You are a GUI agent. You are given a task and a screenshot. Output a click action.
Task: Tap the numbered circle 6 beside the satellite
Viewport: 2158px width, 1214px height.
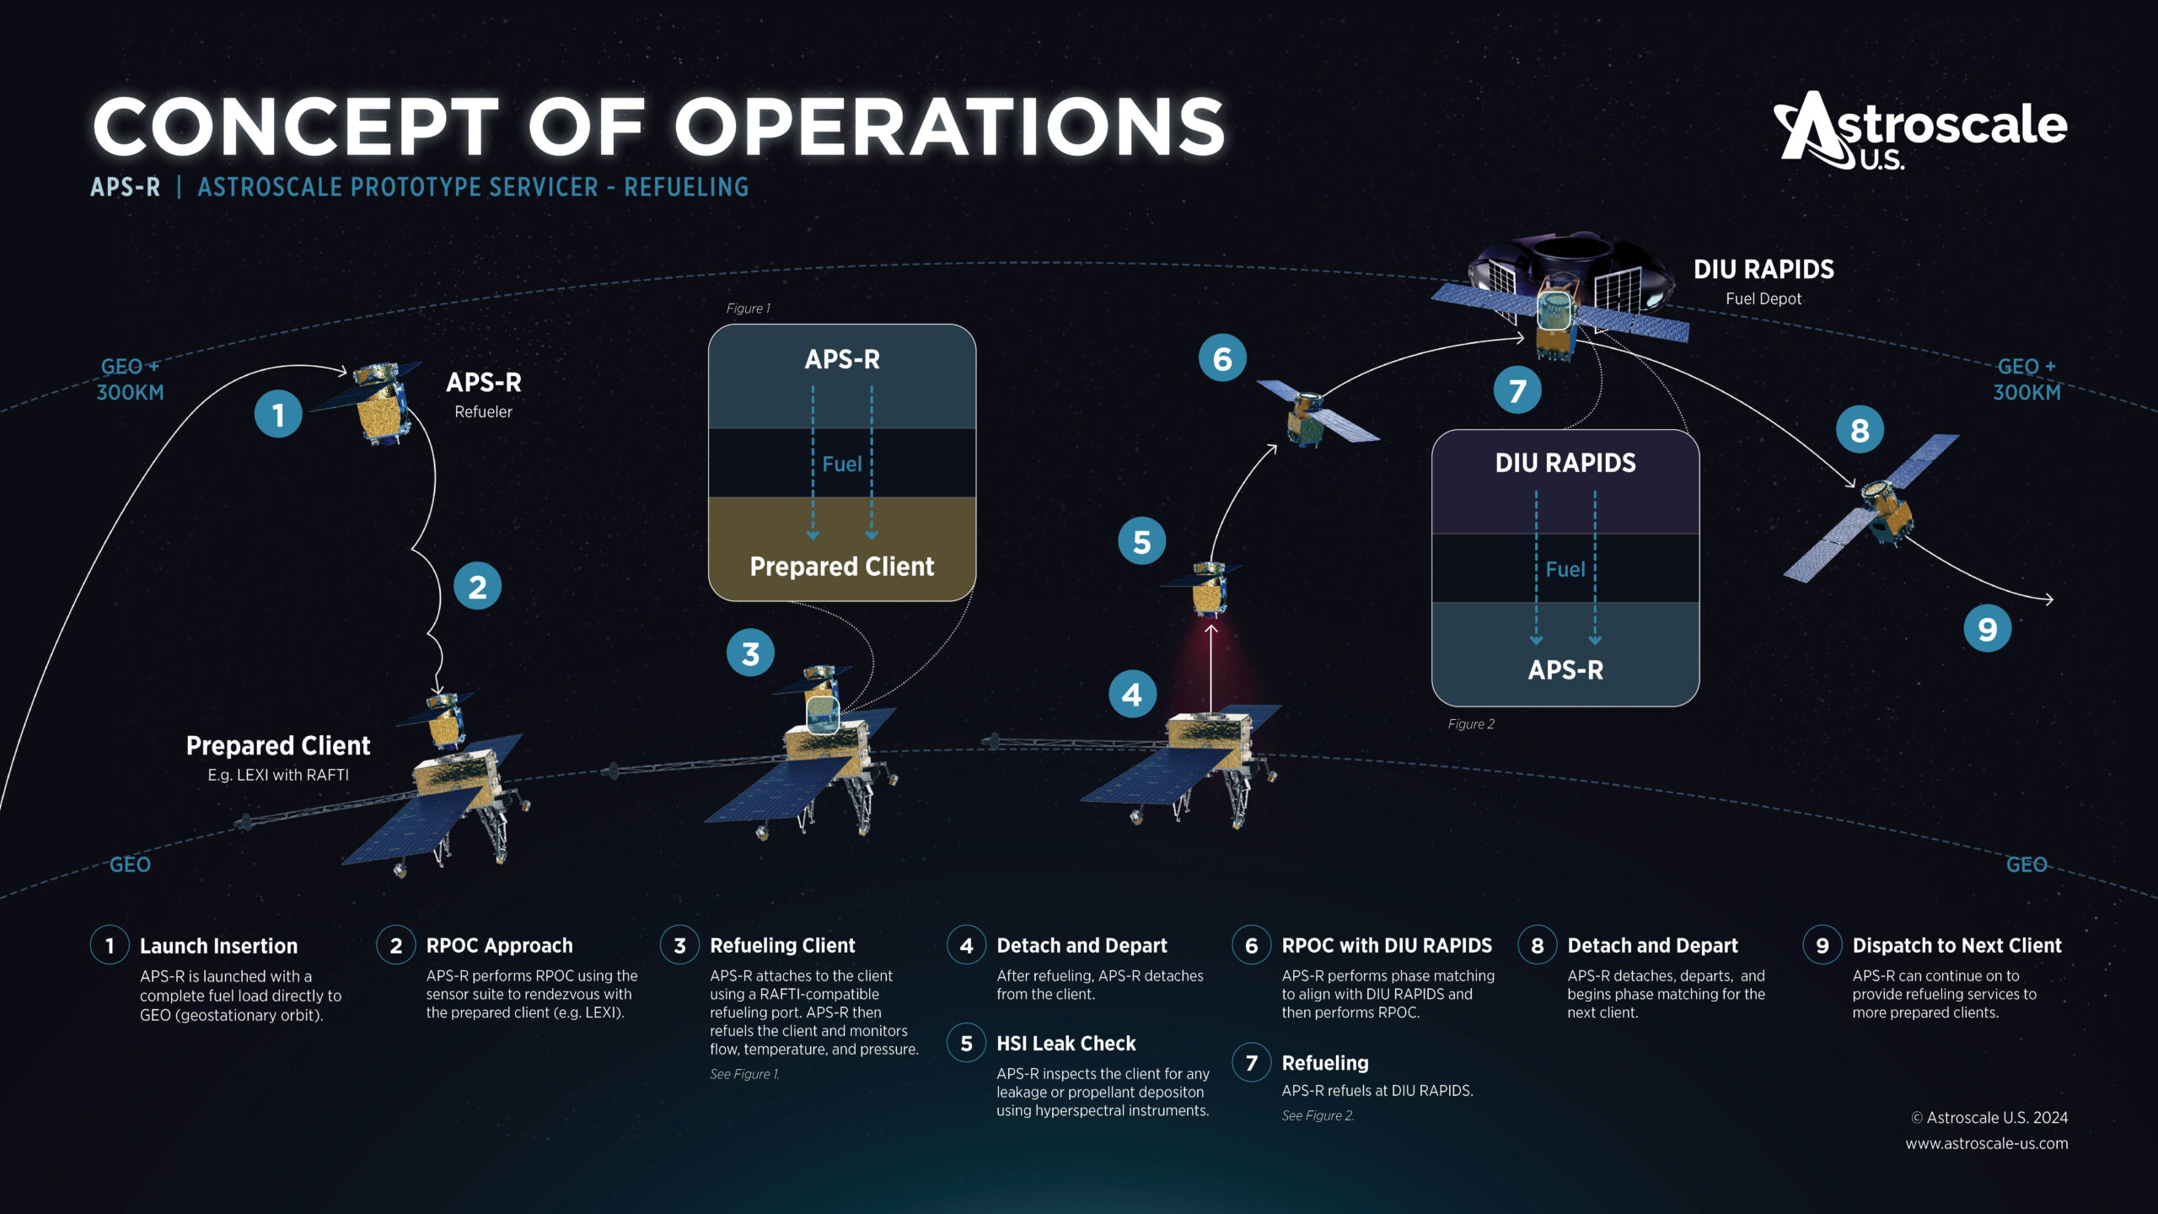[x=1222, y=358]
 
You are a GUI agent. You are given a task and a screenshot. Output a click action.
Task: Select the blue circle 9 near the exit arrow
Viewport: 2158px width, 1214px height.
[x=1987, y=629]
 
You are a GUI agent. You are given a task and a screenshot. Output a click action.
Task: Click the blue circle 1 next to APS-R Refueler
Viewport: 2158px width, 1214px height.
[x=278, y=414]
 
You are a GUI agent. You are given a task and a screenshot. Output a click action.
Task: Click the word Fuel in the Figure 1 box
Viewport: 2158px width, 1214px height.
[x=841, y=465]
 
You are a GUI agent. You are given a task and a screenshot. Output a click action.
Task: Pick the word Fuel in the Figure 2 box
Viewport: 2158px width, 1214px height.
[x=1565, y=570]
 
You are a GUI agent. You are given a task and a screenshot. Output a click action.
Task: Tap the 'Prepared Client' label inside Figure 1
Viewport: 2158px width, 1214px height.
[x=841, y=567]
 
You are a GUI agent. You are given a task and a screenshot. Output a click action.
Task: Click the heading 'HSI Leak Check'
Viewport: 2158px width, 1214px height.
[x=1066, y=1044]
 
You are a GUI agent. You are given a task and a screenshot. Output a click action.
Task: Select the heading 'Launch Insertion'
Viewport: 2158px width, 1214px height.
[x=218, y=946]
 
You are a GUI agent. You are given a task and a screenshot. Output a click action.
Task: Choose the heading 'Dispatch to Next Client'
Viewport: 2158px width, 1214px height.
[x=1957, y=946]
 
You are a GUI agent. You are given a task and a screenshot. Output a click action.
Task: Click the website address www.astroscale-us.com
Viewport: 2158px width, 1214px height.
[x=1986, y=1144]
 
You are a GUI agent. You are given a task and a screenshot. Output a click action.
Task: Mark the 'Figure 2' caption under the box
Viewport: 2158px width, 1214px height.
[x=1471, y=724]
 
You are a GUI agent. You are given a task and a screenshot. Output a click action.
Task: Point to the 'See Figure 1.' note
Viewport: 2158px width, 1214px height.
[x=744, y=1074]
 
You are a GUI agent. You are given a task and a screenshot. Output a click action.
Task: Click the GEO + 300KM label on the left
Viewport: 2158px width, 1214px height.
[x=130, y=379]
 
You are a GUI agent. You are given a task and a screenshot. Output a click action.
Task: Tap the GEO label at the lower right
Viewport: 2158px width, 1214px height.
[x=2026, y=865]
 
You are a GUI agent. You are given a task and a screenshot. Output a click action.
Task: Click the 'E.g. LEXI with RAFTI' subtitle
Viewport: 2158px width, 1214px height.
[x=278, y=775]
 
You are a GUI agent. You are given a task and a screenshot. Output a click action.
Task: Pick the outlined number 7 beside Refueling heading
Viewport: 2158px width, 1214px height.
[x=1252, y=1063]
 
